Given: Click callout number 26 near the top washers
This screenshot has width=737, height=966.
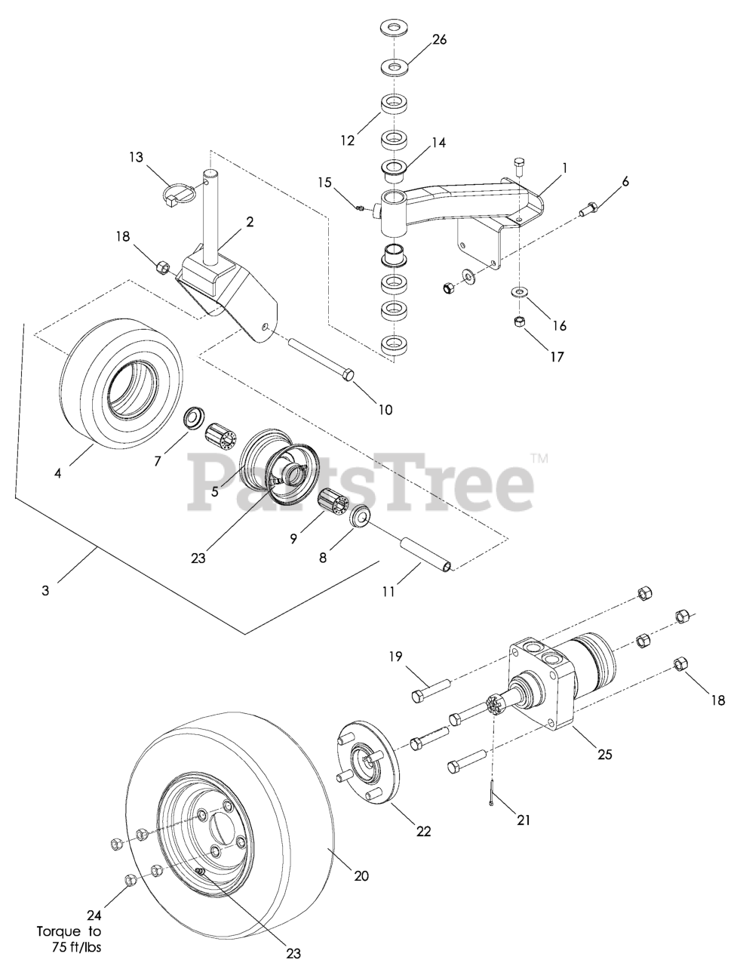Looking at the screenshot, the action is pos(439,39).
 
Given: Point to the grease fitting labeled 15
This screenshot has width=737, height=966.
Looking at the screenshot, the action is pos(361,208).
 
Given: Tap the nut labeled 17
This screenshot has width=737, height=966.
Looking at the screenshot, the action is pos(519,321).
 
